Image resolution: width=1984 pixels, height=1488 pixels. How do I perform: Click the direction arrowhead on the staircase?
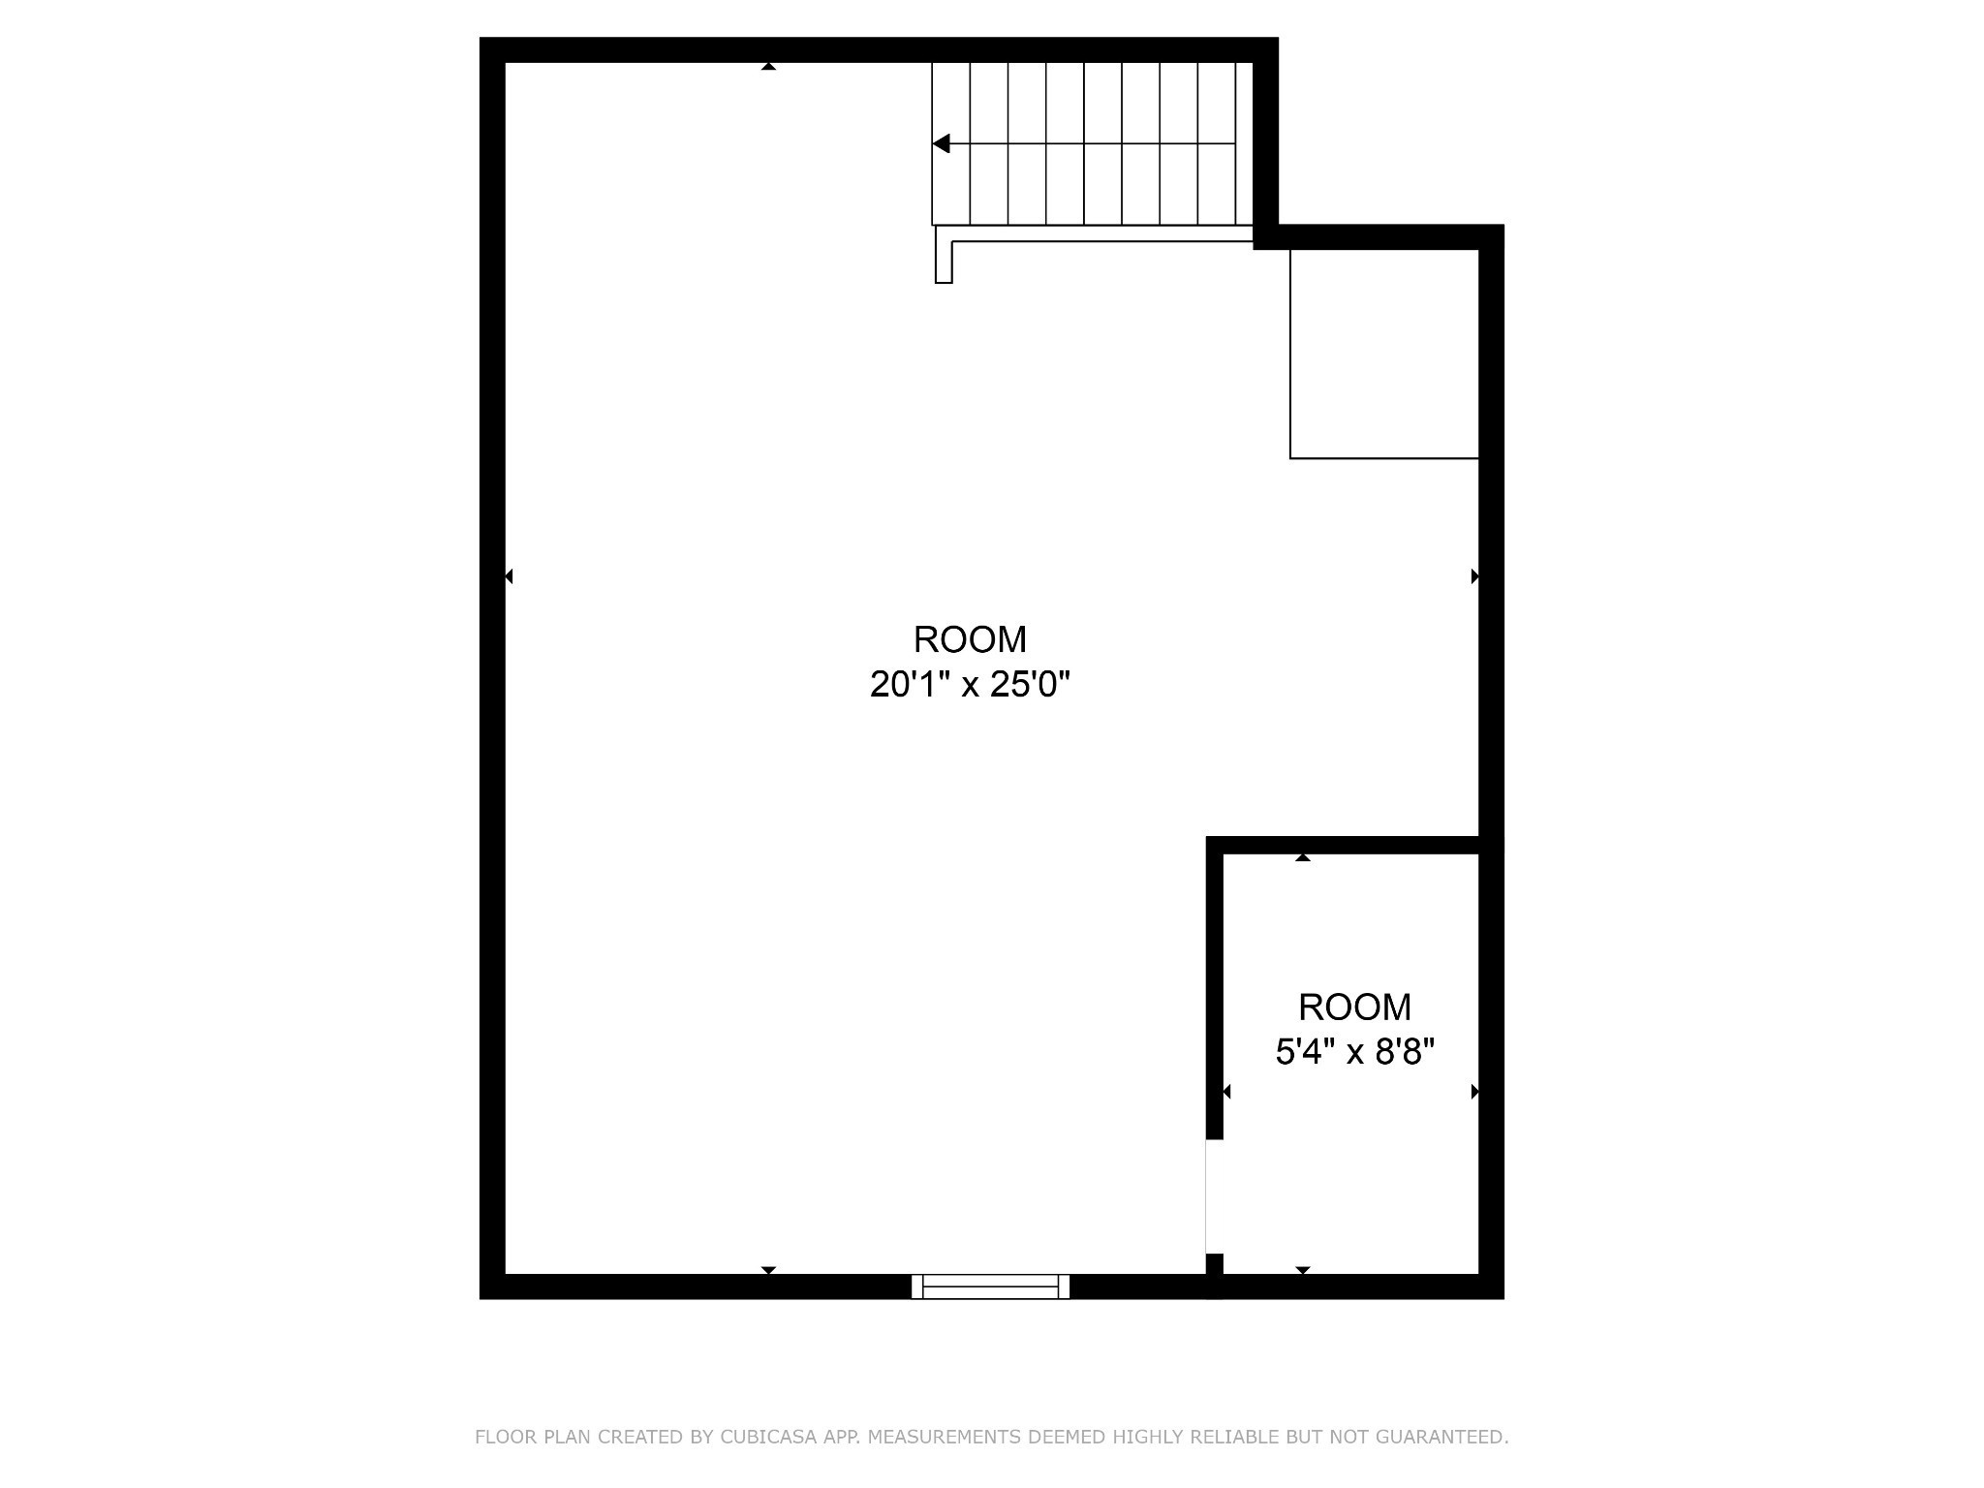941,143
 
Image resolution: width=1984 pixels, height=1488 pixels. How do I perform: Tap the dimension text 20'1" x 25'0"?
970,685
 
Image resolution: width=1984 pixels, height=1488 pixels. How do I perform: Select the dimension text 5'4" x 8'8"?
1354,1051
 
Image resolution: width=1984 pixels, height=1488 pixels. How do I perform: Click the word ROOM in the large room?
970,639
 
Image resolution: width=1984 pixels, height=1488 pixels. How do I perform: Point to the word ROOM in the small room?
1354,1007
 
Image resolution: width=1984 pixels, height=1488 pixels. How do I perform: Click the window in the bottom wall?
990,1286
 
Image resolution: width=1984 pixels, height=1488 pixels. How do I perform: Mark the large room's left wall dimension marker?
509,576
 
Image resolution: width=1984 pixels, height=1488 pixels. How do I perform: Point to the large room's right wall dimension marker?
1475,576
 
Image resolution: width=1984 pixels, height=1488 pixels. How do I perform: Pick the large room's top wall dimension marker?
768,66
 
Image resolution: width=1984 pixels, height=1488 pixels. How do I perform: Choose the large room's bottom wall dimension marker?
768,1270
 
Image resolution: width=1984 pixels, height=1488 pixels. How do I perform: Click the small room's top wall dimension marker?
1303,857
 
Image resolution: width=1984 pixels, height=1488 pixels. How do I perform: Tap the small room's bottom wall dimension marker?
1303,1270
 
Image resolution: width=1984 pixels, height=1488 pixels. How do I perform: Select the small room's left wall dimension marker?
1226,1092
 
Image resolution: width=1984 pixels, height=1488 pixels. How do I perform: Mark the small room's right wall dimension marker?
1475,1092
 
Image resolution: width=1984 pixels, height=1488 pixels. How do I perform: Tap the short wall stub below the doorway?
1215,1264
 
